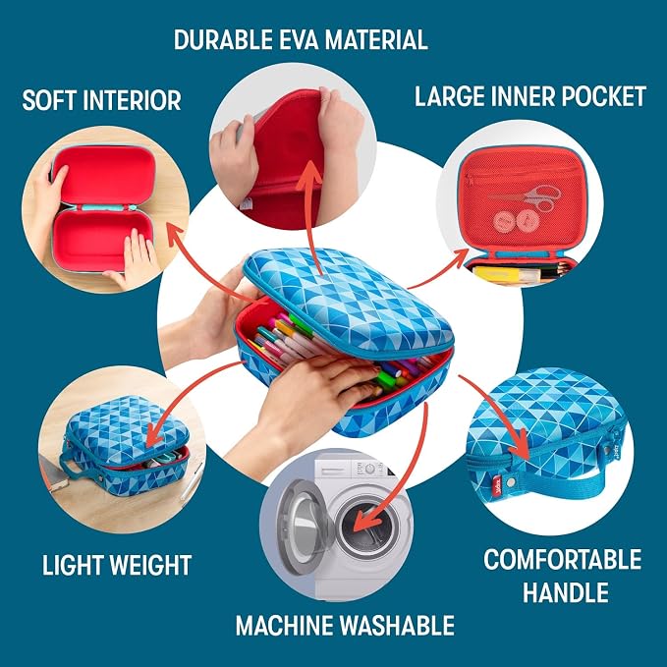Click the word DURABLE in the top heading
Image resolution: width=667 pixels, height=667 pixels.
223,40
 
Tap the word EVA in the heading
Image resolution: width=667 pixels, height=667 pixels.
299,40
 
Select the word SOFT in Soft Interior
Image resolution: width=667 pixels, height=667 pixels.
48,100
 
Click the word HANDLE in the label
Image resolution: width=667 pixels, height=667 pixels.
566,592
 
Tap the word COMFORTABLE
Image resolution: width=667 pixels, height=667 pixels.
562,559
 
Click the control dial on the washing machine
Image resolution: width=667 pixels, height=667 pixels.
369,469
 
